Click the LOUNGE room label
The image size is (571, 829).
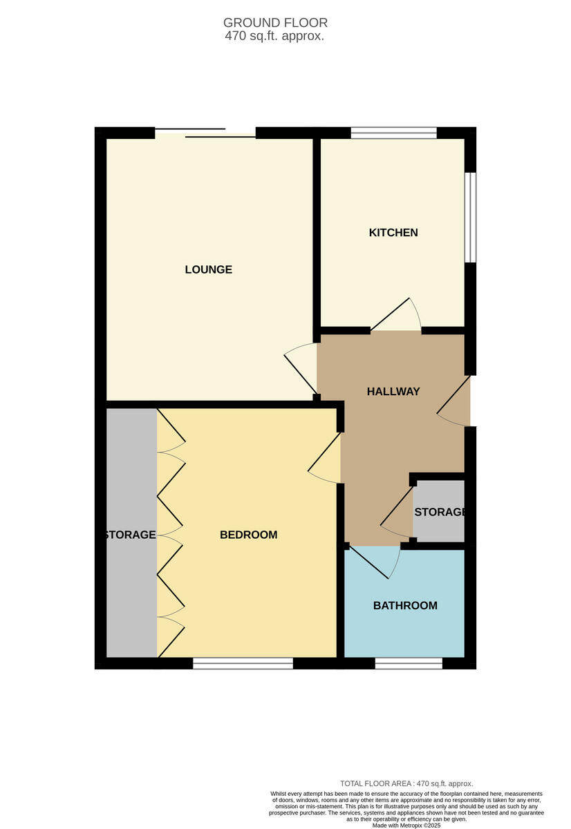[x=208, y=269]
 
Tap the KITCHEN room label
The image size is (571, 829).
[x=393, y=233]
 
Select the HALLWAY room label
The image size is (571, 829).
[x=393, y=392]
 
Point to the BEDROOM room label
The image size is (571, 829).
[x=248, y=535]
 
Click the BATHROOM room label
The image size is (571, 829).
[x=405, y=606]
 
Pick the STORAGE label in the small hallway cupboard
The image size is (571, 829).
[x=440, y=512]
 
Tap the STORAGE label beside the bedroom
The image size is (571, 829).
[x=130, y=535]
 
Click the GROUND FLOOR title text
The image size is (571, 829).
[x=275, y=23]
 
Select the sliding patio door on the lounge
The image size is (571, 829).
[x=205, y=133]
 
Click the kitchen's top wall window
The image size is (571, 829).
[x=394, y=133]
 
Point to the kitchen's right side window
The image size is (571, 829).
[x=470, y=217]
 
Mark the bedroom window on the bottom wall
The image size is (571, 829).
[x=243, y=663]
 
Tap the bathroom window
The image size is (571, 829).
[x=409, y=663]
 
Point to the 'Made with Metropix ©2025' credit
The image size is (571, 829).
[x=406, y=825]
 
